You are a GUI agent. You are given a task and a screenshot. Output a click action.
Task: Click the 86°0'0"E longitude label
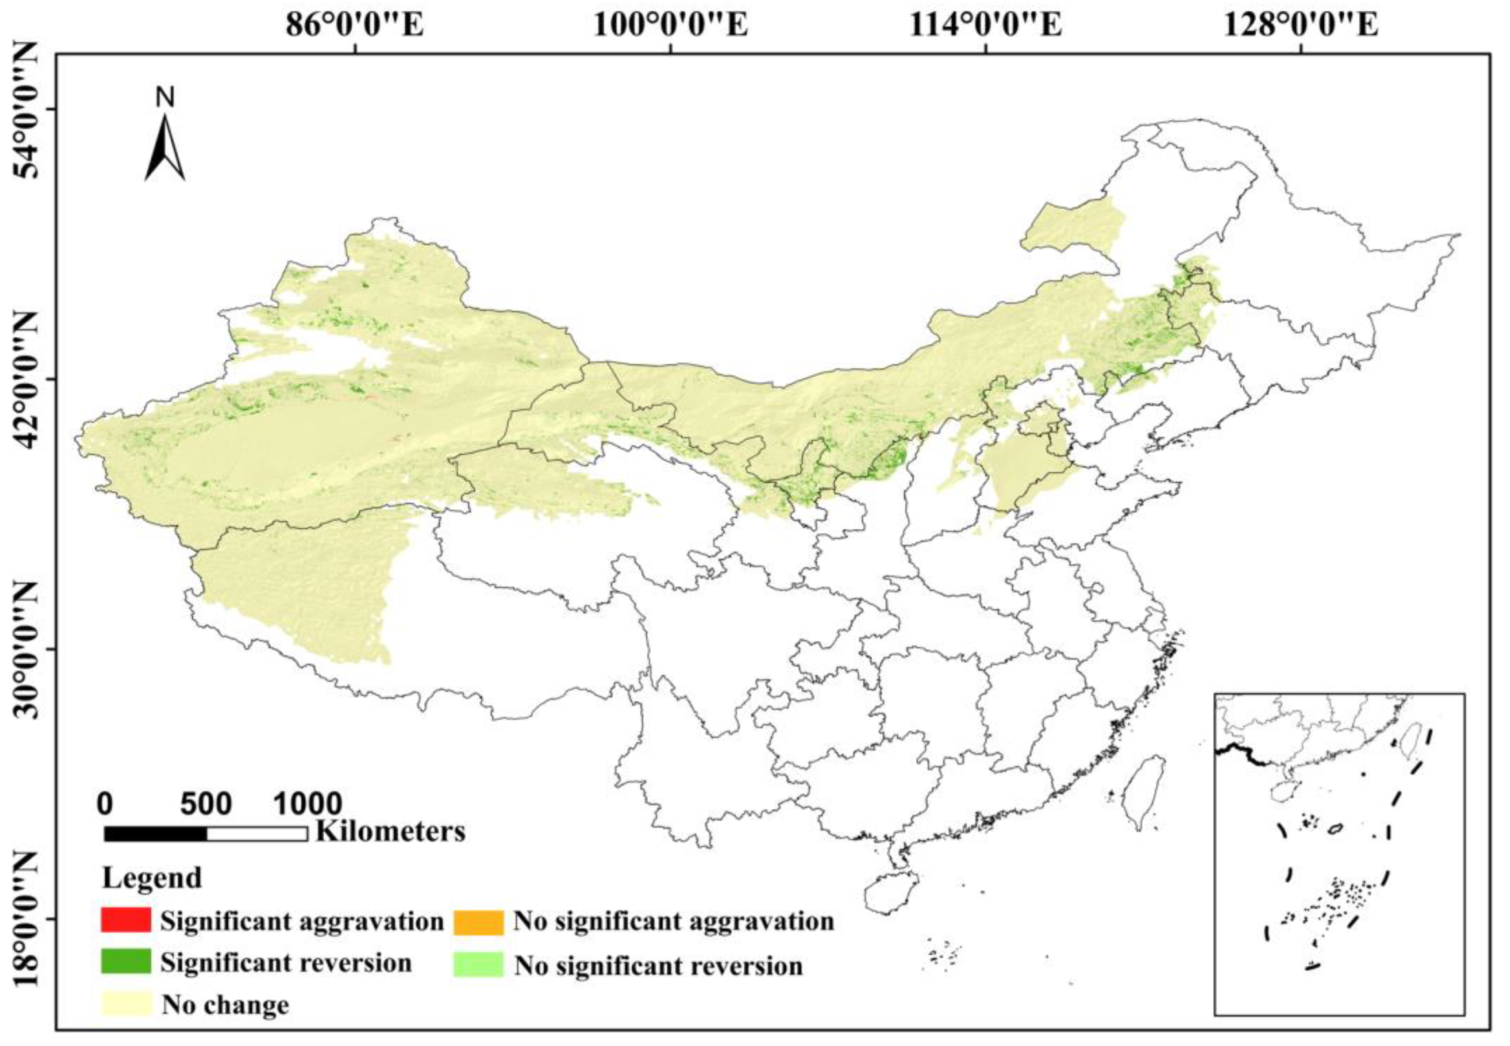[355, 26]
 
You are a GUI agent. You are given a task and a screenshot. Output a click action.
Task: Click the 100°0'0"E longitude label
[671, 26]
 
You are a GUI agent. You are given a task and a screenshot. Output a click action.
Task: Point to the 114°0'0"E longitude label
[986, 26]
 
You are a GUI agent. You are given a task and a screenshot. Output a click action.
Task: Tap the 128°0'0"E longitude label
[1301, 26]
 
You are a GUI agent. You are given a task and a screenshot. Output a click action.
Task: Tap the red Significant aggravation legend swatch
[126, 920]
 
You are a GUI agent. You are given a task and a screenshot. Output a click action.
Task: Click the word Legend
[152, 878]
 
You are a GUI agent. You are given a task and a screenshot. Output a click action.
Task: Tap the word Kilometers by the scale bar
[391, 831]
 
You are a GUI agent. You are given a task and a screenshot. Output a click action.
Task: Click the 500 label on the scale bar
[206, 804]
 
